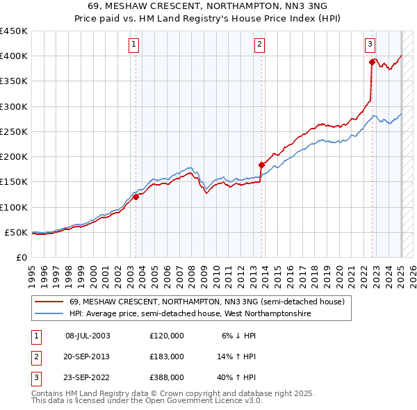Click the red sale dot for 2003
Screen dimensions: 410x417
136,197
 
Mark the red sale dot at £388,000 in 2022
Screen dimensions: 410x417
373,63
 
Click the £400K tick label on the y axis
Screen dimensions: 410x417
14,56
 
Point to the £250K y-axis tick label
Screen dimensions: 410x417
14,131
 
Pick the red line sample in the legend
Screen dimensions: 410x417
49,302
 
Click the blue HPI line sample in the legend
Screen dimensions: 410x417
49,314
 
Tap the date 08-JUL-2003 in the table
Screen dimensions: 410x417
88,336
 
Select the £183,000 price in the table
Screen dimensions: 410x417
167,356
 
